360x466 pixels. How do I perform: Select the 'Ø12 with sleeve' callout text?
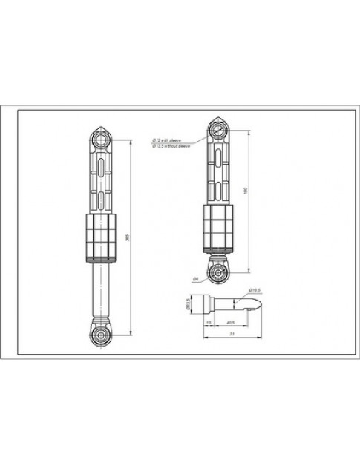tap(166, 139)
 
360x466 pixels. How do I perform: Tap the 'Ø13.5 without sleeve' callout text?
tap(170, 145)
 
